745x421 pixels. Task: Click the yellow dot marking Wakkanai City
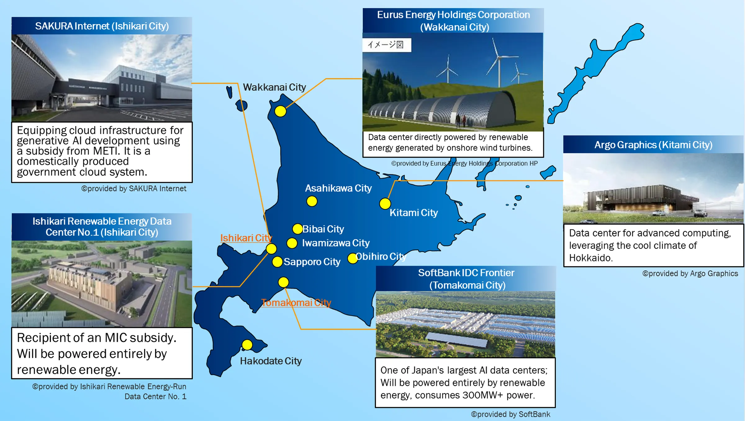[280, 111]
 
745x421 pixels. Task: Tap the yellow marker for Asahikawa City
[312, 201]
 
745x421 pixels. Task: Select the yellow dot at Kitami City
[385, 204]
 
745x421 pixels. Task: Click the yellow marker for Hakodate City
[247, 345]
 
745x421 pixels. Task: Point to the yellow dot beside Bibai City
[298, 229]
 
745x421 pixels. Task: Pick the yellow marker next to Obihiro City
[353, 258]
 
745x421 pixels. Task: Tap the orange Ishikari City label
[246, 238]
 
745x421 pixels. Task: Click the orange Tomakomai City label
[296, 302]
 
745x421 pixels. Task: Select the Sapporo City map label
[312, 262]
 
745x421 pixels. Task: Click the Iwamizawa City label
[336, 243]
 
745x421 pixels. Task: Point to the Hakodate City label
[271, 361]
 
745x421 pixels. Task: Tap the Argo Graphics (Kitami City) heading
[653, 145]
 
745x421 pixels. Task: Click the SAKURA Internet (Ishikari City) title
[102, 26]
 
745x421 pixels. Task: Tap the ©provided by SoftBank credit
[511, 414]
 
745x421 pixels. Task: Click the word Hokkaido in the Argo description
[591, 258]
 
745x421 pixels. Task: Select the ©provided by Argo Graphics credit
[690, 274]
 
